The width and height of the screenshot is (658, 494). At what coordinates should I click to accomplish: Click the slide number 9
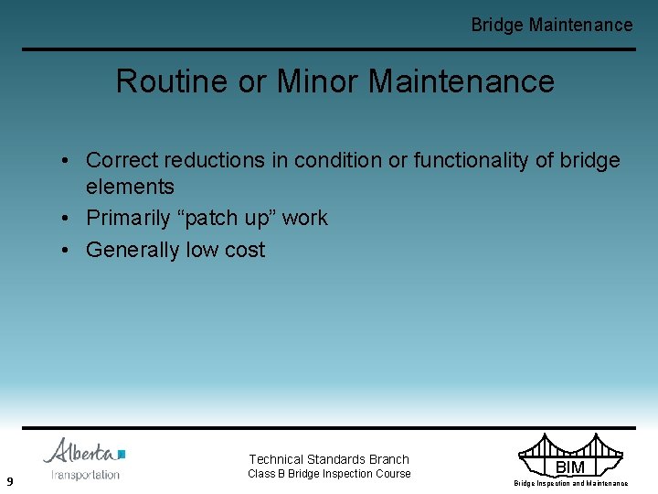(8, 481)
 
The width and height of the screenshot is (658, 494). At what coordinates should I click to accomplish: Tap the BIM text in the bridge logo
(569, 467)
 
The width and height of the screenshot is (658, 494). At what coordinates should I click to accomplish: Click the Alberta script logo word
(80, 451)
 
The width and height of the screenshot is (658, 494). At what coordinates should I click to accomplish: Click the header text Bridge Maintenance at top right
(551, 25)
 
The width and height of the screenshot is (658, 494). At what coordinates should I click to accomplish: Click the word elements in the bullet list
(130, 187)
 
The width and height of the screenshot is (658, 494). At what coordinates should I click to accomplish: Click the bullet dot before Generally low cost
(69, 250)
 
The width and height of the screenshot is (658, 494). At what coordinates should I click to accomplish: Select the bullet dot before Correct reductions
(69, 160)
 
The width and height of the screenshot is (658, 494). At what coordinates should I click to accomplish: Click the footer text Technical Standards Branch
(329, 459)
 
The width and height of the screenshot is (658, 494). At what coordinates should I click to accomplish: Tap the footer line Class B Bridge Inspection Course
(329, 474)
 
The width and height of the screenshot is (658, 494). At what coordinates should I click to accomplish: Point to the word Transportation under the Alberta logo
(85, 474)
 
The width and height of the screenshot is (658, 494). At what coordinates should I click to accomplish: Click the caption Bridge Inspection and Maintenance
(570, 483)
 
